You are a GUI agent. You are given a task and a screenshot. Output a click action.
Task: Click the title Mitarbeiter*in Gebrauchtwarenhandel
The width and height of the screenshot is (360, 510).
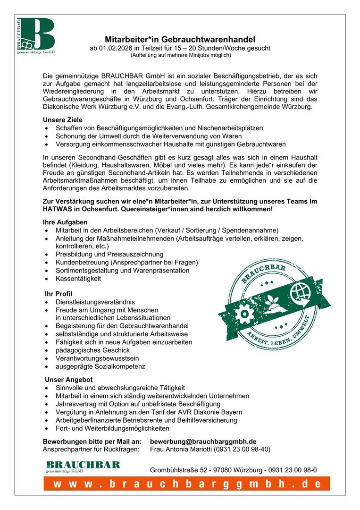tap(180, 40)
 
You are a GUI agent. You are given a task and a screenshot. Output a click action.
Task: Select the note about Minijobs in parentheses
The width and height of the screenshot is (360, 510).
tap(180, 55)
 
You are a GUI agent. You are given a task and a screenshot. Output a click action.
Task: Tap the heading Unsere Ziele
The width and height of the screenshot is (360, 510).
tap(62, 120)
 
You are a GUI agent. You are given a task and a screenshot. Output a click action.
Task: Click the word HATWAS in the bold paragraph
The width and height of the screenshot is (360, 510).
tap(58, 209)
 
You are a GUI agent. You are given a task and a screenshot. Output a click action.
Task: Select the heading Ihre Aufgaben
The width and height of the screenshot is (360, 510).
tap(65, 222)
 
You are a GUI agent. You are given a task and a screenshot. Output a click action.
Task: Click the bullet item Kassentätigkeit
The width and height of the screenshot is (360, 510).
tap(78, 279)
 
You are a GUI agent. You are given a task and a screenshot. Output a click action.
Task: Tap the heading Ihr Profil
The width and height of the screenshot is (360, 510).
tap(58, 294)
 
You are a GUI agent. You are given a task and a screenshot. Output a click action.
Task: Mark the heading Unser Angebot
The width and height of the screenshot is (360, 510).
tap(68, 380)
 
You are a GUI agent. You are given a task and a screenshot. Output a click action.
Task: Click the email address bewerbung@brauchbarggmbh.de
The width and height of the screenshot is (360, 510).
tap(203, 441)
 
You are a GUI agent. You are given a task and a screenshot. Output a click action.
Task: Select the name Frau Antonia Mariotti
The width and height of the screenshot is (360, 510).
tap(185, 449)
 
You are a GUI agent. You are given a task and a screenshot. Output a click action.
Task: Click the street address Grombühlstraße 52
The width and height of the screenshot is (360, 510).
tap(181, 470)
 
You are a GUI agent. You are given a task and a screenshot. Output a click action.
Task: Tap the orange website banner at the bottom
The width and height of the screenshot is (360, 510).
tap(187, 484)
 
